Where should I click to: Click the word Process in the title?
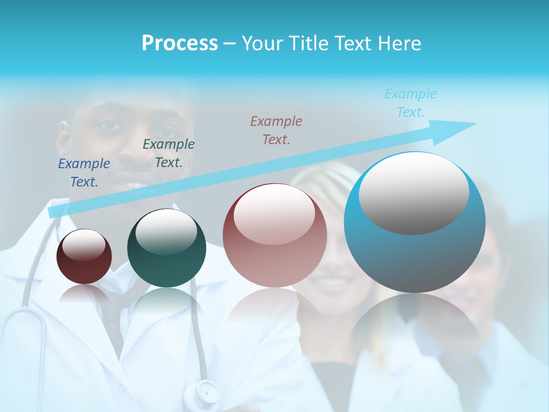click(x=180, y=43)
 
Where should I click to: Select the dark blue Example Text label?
click(x=84, y=173)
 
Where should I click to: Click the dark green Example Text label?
click(x=169, y=153)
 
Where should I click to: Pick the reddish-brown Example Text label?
click(x=276, y=130)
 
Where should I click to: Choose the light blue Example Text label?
click(x=411, y=103)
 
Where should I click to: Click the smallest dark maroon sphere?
click(x=84, y=257)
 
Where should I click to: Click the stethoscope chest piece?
click(x=206, y=393)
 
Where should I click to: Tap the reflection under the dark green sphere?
click(x=166, y=300)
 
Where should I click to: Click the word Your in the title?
click(x=260, y=43)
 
